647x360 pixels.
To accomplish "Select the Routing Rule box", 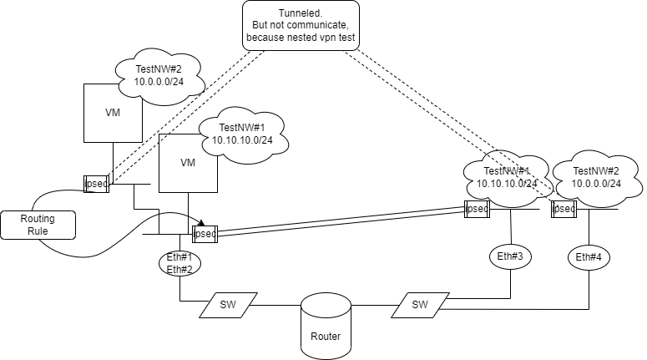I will tap(38, 223).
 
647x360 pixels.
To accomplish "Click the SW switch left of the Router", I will tap(228, 305).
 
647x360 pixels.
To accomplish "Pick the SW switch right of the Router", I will tap(421, 305).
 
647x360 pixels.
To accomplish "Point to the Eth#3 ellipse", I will tap(509, 257).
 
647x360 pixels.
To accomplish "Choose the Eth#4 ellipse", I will tap(589, 257).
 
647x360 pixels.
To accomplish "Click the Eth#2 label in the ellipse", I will tap(180, 269).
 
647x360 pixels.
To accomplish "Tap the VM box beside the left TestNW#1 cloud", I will tap(188, 163).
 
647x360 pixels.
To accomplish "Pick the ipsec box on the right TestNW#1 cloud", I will tap(478, 209).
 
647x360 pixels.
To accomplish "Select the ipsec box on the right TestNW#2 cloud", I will tap(564, 209).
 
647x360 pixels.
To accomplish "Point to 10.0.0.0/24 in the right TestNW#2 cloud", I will tap(596, 183).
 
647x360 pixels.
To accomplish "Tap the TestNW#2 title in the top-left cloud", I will tap(158, 69).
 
